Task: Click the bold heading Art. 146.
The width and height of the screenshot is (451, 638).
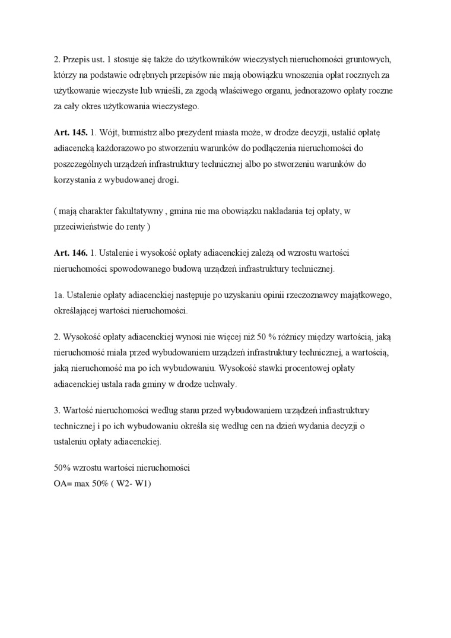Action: (x=71, y=253)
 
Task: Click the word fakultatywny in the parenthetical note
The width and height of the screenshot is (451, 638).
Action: (x=131, y=211)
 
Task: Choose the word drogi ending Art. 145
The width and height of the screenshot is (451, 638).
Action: (x=165, y=180)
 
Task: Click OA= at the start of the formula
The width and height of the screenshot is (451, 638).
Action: (x=63, y=483)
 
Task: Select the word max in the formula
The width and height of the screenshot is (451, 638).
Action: (x=84, y=483)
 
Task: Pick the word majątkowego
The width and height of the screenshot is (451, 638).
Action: (x=367, y=295)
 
